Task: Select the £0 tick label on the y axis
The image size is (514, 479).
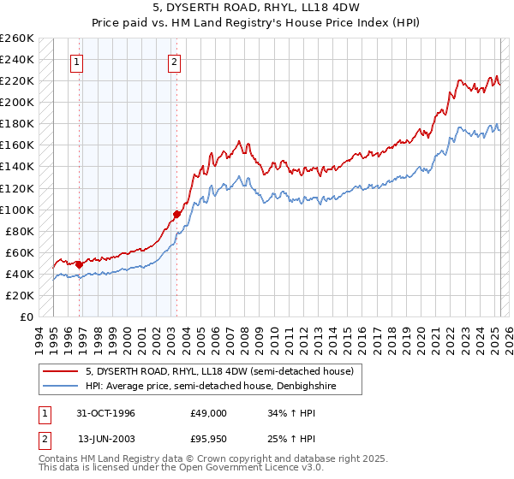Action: click(27, 317)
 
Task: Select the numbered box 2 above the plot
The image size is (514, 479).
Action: click(175, 62)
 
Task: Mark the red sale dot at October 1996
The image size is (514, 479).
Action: click(79, 264)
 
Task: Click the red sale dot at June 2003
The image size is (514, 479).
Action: click(176, 214)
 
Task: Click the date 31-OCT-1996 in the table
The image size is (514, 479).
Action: click(106, 413)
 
